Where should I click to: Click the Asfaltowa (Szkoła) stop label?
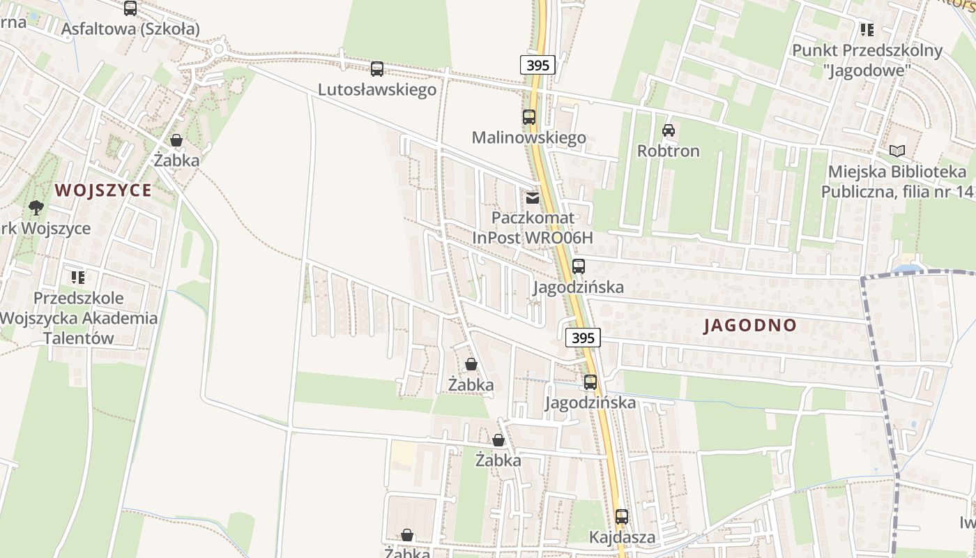click(x=130, y=29)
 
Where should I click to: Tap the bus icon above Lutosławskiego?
click(x=377, y=68)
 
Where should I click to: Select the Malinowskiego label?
click(x=528, y=137)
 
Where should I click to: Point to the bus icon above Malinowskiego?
click(x=529, y=116)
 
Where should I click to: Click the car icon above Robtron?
click(x=669, y=130)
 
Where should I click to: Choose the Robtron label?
click(x=668, y=151)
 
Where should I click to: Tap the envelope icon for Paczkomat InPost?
click(x=533, y=198)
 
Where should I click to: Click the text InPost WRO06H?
click(x=533, y=237)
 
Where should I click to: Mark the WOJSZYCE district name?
click(x=103, y=190)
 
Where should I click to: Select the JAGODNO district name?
click(x=750, y=325)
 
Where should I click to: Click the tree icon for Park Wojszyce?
click(x=36, y=207)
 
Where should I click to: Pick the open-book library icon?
click(x=897, y=151)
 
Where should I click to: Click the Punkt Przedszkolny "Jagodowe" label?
click(x=867, y=60)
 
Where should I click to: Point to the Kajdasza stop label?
click(x=622, y=537)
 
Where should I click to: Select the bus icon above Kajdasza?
click(x=622, y=517)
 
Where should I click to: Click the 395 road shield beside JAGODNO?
click(x=582, y=338)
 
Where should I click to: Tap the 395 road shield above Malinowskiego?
click(x=537, y=65)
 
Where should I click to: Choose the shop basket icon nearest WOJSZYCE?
click(x=176, y=140)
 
